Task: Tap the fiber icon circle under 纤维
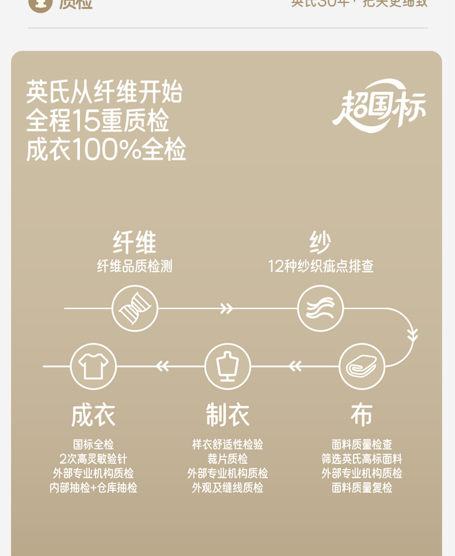[x=135, y=308]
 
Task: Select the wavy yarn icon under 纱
[x=320, y=308]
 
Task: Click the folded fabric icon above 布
[x=362, y=366]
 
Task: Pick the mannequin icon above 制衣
[x=227, y=366]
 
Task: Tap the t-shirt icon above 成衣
[x=93, y=366]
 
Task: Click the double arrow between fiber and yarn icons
[x=226, y=308]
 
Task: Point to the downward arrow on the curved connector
[x=412, y=335]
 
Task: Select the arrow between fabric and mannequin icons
[x=295, y=366]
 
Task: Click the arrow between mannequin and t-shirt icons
[x=162, y=366]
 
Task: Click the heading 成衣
[x=93, y=415]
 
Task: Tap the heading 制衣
[x=227, y=415]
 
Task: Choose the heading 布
[x=362, y=415]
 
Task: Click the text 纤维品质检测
[x=135, y=266]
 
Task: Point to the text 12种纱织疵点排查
[x=321, y=266]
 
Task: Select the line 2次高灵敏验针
[x=93, y=459]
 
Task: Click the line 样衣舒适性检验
[x=227, y=444]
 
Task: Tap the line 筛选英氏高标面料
[x=362, y=459]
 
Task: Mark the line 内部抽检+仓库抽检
[x=93, y=488]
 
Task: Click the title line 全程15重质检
[x=97, y=121]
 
